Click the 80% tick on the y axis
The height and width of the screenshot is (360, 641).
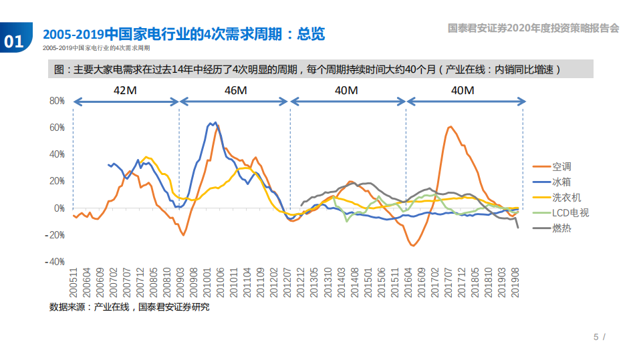(x=55, y=101)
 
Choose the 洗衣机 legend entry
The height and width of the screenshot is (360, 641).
(x=566, y=197)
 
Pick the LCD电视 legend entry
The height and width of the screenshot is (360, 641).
(x=570, y=212)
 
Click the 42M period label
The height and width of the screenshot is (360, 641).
(x=126, y=90)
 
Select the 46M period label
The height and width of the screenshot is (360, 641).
(x=235, y=90)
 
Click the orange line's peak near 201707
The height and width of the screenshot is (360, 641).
(x=450, y=126)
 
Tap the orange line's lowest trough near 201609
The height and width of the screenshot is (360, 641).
(x=413, y=246)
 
